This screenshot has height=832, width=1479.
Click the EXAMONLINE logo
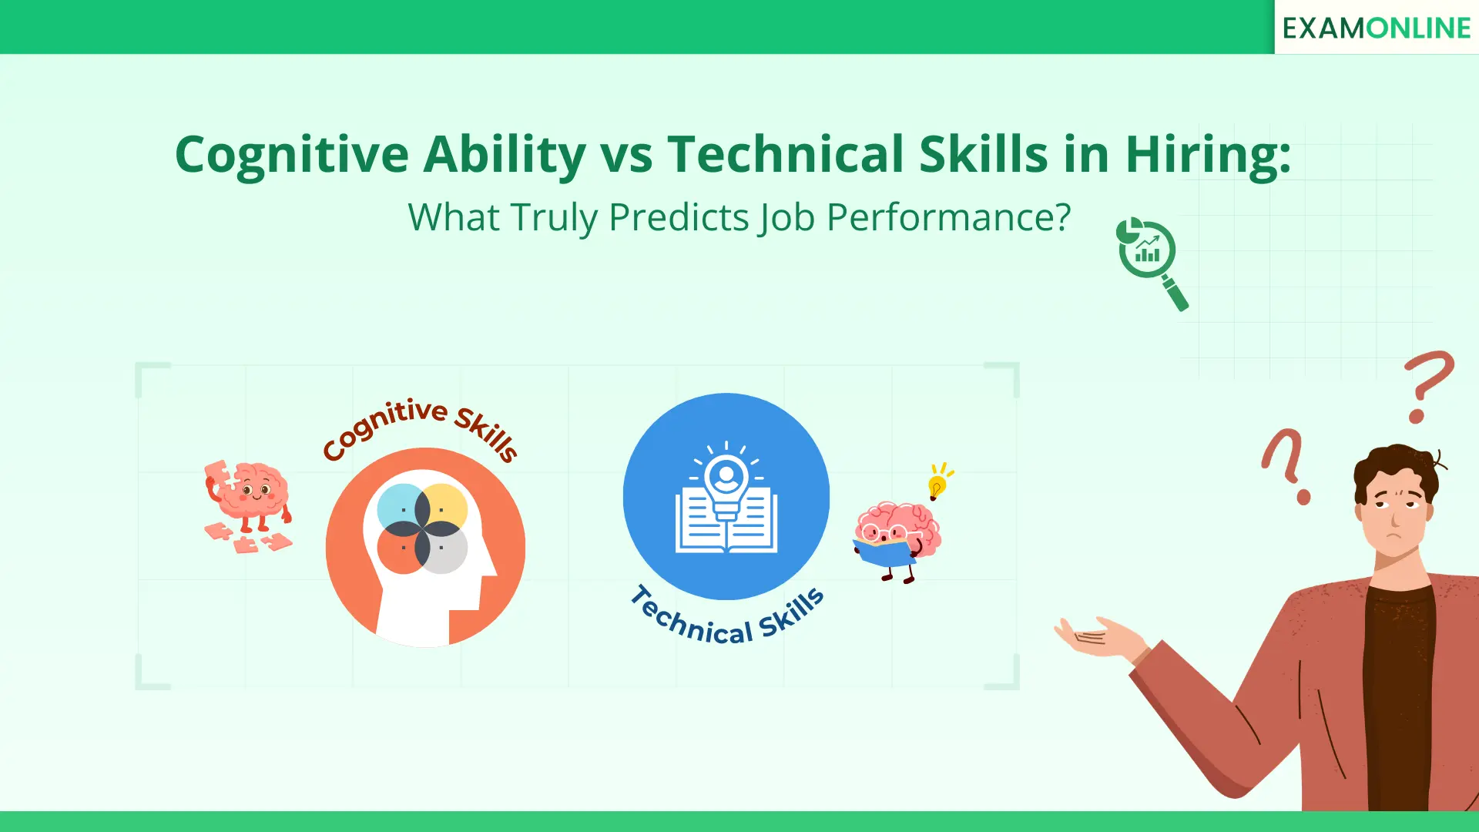pyautogui.click(x=1376, y=28)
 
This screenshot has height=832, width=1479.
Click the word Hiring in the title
pyautogui.click(x=1207, y=155)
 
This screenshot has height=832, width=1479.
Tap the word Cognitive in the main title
pyautogui.click(x=291, y=155)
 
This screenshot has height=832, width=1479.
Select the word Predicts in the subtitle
pyautogui.click(x=679, y=217)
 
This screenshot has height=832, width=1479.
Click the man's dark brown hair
pyautogui.click(x=1395, y=467)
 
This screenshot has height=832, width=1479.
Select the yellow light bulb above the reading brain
pyautogui.click(x=937, y=485)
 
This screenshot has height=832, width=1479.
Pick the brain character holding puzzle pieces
pyautogui.click(x=248, y=505)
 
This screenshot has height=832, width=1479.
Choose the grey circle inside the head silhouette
pyautogui.click(x=445, y=551)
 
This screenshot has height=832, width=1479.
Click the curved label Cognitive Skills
pyautogui.click(x=420, y=427)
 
